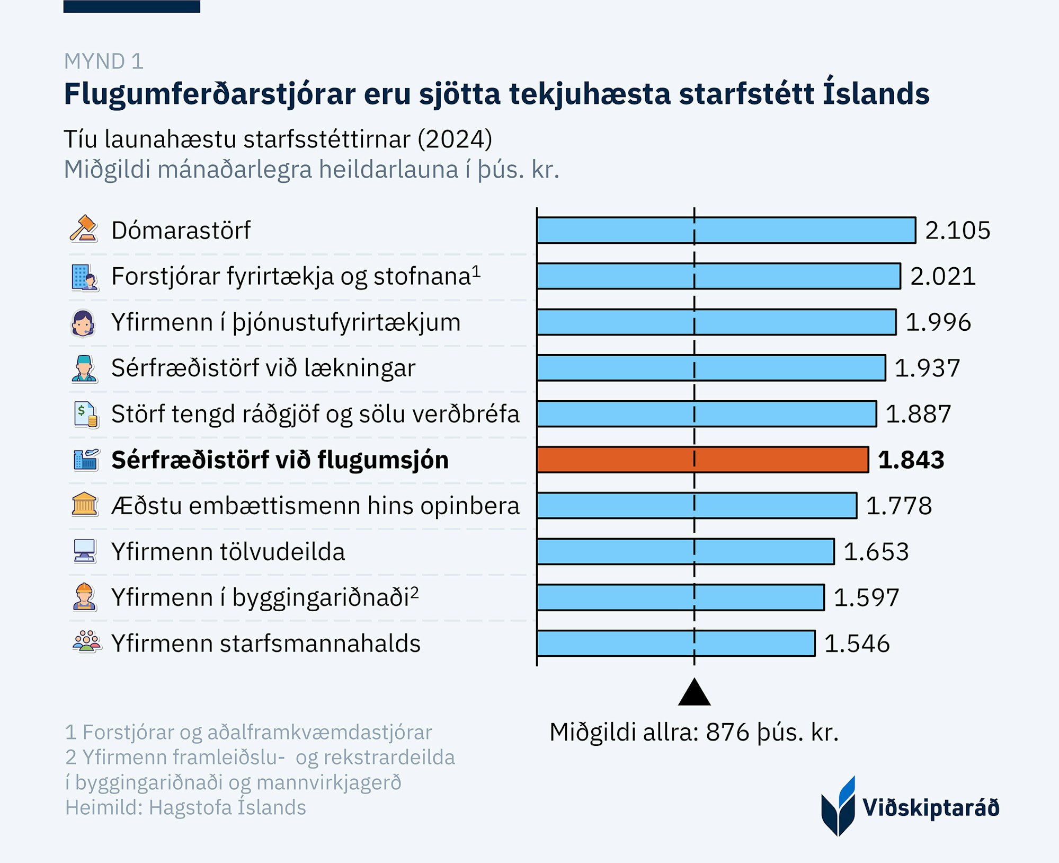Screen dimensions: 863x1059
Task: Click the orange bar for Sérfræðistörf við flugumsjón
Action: coord(702,460)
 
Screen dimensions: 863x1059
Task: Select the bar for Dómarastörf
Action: coord(726,230)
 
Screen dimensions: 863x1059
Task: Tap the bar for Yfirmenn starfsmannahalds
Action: coord(675,643)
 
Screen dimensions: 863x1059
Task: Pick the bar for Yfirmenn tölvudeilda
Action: coord(685,551)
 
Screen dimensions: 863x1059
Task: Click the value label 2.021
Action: coord(942,276)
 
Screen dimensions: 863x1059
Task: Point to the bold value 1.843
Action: coord(911,460)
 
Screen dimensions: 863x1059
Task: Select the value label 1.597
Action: coord(866,597)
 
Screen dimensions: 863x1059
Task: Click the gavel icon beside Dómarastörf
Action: coord(84,229)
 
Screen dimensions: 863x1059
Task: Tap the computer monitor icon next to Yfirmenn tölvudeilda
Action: coord(85,551)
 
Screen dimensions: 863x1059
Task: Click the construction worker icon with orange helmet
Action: coord(84,597)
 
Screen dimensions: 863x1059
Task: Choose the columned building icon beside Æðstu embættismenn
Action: coord(85,505)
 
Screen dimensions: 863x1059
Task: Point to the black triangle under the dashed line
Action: coord(694,693)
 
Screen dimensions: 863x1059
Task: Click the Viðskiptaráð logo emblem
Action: coord(838,806)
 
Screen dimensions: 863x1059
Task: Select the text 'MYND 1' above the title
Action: coord(104,61)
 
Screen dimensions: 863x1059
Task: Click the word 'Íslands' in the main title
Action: coord(876,93)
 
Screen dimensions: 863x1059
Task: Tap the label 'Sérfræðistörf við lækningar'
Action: coord(263,368)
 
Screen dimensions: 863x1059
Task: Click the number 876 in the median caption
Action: coord(728,732)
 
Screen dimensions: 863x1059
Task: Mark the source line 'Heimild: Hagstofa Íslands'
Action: coord(185,807)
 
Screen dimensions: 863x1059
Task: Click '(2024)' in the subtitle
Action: coord(455,139)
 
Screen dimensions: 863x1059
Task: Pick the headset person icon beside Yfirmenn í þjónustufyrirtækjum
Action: coord(83,322)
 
